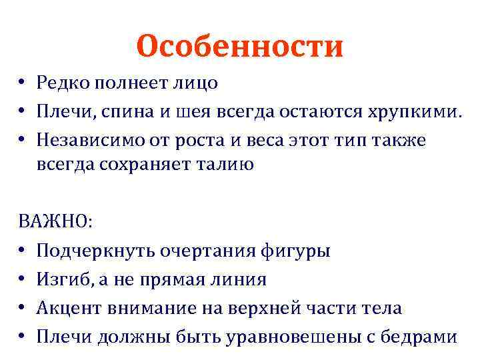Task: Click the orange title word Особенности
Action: coord(239,46)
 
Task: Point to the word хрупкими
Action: coord(414,113)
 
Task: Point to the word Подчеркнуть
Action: coord(96,251)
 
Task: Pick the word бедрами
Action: coord(421,337)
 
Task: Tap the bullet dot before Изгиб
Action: coord(22,280)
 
